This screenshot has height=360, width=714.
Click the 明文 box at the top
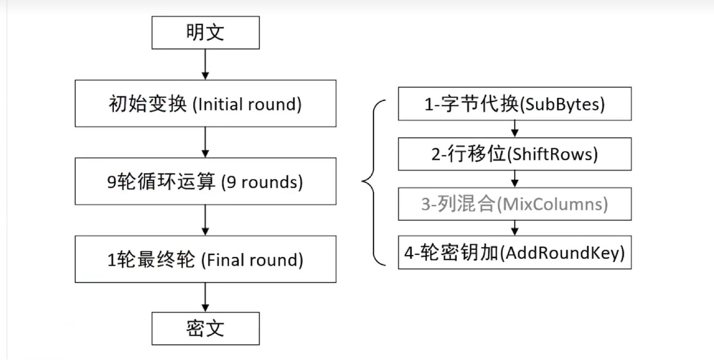pyautogui.click(x=205, y=33)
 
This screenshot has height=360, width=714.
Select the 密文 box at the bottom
pyautogui.click(x=205, y=328)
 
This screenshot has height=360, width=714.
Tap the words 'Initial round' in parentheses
pyautogui.click(x=247, y=104)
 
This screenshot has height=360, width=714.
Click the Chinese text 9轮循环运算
pyautogui.click(x=161, y=183)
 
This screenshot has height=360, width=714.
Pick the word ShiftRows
pyautogui.click(x=553, y=154)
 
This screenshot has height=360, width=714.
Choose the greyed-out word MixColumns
pyautogui.click(x=553, y=204)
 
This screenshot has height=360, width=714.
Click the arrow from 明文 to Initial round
pyautogui.click(x=205, y=64)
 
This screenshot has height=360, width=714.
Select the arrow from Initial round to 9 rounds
pyautogui.click(x=205, y=142)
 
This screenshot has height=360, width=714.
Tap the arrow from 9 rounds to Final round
pyautogui.click(x=205, y=220)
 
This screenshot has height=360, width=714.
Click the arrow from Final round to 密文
pyautogui.click(x=205, y=297)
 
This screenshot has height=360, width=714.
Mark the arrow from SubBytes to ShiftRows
pyautogui.click(x=515, y=129)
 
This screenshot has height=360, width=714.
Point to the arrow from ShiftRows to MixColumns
pyautogui.click(x=515, y=179)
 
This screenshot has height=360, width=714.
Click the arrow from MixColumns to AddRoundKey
pyautogui.click(x=515, y=228)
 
